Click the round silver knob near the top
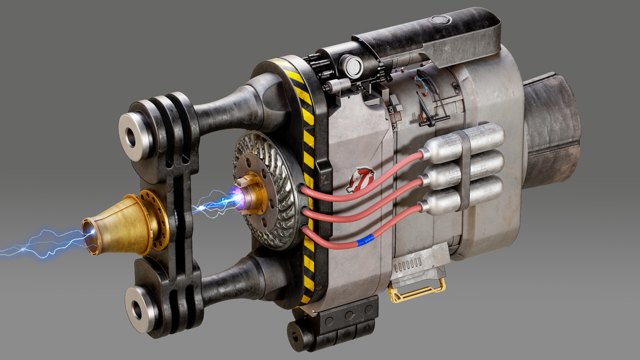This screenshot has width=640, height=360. [352, 66]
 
